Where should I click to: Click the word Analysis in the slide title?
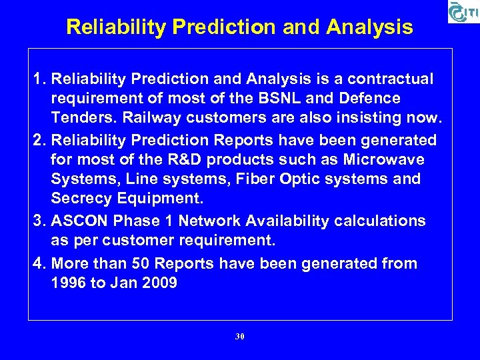370,27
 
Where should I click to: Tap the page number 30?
240,337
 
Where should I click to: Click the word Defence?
369,99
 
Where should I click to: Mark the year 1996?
68,283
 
